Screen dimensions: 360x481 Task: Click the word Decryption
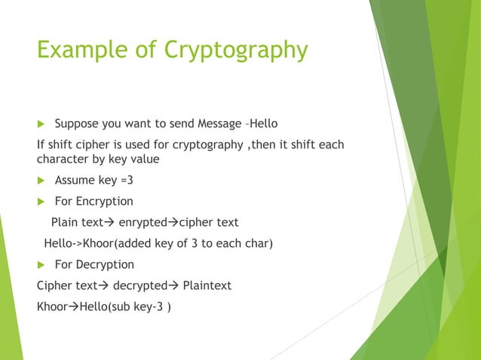105,264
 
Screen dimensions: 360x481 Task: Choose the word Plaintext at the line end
207,285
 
